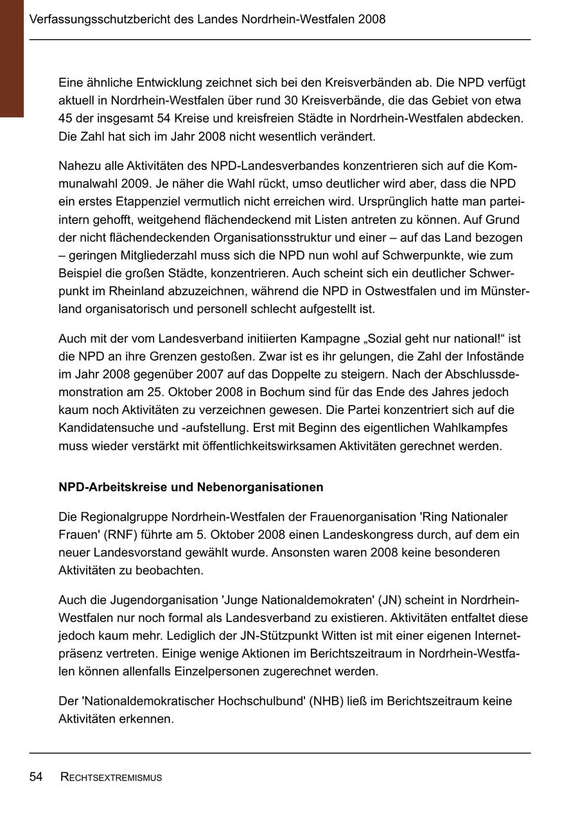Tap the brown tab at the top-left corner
pos(12,58)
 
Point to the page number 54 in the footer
pos(36,777)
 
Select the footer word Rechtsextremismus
pos(111,778)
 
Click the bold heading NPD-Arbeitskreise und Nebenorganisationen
pos(191,487)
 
